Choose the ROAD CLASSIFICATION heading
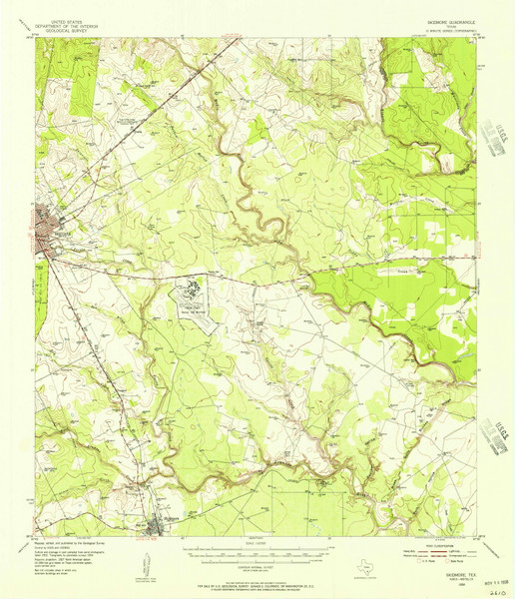[427, 543]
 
